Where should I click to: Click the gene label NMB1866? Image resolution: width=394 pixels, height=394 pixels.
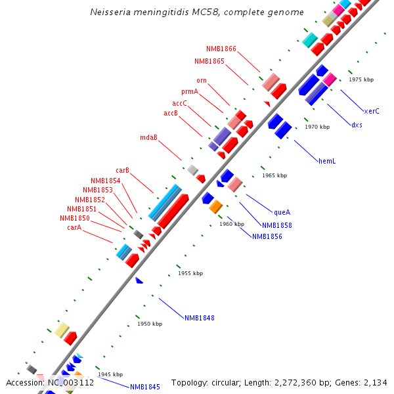click(221, 49)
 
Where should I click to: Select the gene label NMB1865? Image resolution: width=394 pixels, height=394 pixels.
click(209, 61)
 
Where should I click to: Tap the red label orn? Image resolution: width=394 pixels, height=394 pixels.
click(202, 80)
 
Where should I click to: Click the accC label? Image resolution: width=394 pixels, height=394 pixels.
click(180, 103)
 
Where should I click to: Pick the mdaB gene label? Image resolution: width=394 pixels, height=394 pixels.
click(148, 137)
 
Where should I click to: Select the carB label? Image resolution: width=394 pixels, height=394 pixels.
click(122, 170)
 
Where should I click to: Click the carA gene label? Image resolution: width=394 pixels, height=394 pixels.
click(74, 227)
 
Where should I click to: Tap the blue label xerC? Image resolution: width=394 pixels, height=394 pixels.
click(371, 111)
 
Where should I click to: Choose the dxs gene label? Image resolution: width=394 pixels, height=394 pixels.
click(356, 125)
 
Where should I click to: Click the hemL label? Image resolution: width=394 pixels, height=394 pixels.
click(326, 160)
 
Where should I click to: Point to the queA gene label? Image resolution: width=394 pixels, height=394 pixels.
click(282, 212)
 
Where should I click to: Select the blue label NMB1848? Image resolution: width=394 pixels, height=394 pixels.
click(199, 318)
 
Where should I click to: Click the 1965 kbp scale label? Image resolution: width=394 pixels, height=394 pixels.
click(274, 175)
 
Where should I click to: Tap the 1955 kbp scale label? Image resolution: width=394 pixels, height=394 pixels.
click(190, 273)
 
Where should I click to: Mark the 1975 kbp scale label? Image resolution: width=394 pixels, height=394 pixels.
click(361, 79)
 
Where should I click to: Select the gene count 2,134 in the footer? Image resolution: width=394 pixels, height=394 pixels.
click(375, 382)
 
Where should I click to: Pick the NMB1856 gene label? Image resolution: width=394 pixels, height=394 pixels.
click(267, 236)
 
